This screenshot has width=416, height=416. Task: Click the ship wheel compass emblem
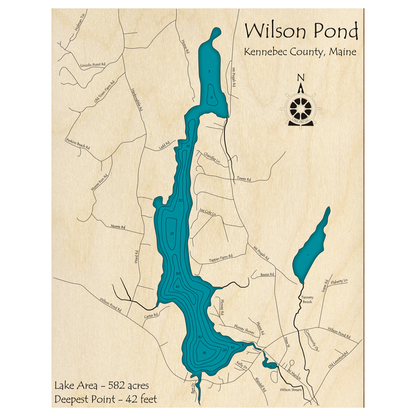[x=301, y=106]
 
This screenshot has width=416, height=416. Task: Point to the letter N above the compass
[x=302, y=77]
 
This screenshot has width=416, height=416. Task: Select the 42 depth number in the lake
[x=177, y=287]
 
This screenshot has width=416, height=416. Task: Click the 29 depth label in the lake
[x=171, y=234]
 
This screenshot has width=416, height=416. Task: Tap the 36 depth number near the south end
[x=204, y=353]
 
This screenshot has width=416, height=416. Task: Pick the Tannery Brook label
[x=308, y=300]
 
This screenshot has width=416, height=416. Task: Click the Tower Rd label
[x=244, y=179]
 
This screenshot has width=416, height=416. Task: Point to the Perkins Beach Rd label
[x=78, y=144]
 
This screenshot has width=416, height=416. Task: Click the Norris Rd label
[x=118, y=227]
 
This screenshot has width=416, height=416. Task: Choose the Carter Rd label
[x=151, y=316]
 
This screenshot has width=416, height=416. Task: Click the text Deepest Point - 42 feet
[x=105, y=400]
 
